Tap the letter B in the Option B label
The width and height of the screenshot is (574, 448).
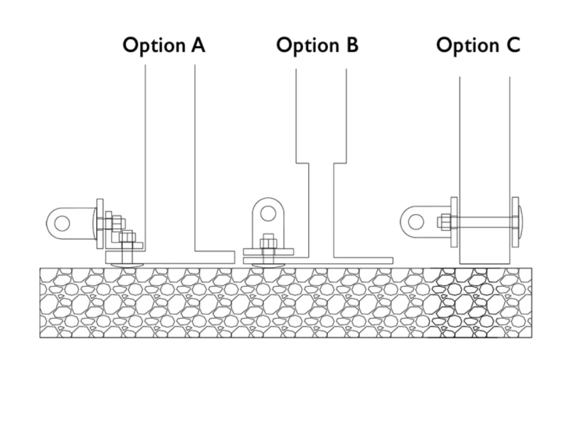pyautogui.click(x=350, y=45)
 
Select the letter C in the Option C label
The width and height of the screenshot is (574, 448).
pyautogui.click(x=512, y=45)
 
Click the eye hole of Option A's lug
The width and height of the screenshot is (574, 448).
pyautogui.click(x=62, y=223)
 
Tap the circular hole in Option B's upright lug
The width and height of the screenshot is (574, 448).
pyautogui.click(x=268, y=213)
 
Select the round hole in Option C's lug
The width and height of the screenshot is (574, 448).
pyautogui.click(x=416, y=222)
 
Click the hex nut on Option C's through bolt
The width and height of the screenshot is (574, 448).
pyautogui.click(x=444, y=222)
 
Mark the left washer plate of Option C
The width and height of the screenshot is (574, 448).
pyautogui.click(x=454, y=222)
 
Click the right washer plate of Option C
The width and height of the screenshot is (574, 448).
pyautogui.click(x=515, y=222)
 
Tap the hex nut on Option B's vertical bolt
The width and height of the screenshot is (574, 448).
pyautogui.click(x=268, y=242)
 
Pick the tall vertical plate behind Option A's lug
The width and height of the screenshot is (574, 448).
pyautogui.click(x=100, y=223)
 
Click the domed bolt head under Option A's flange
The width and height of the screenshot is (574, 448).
pyautogui.click(x=127, y=265)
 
